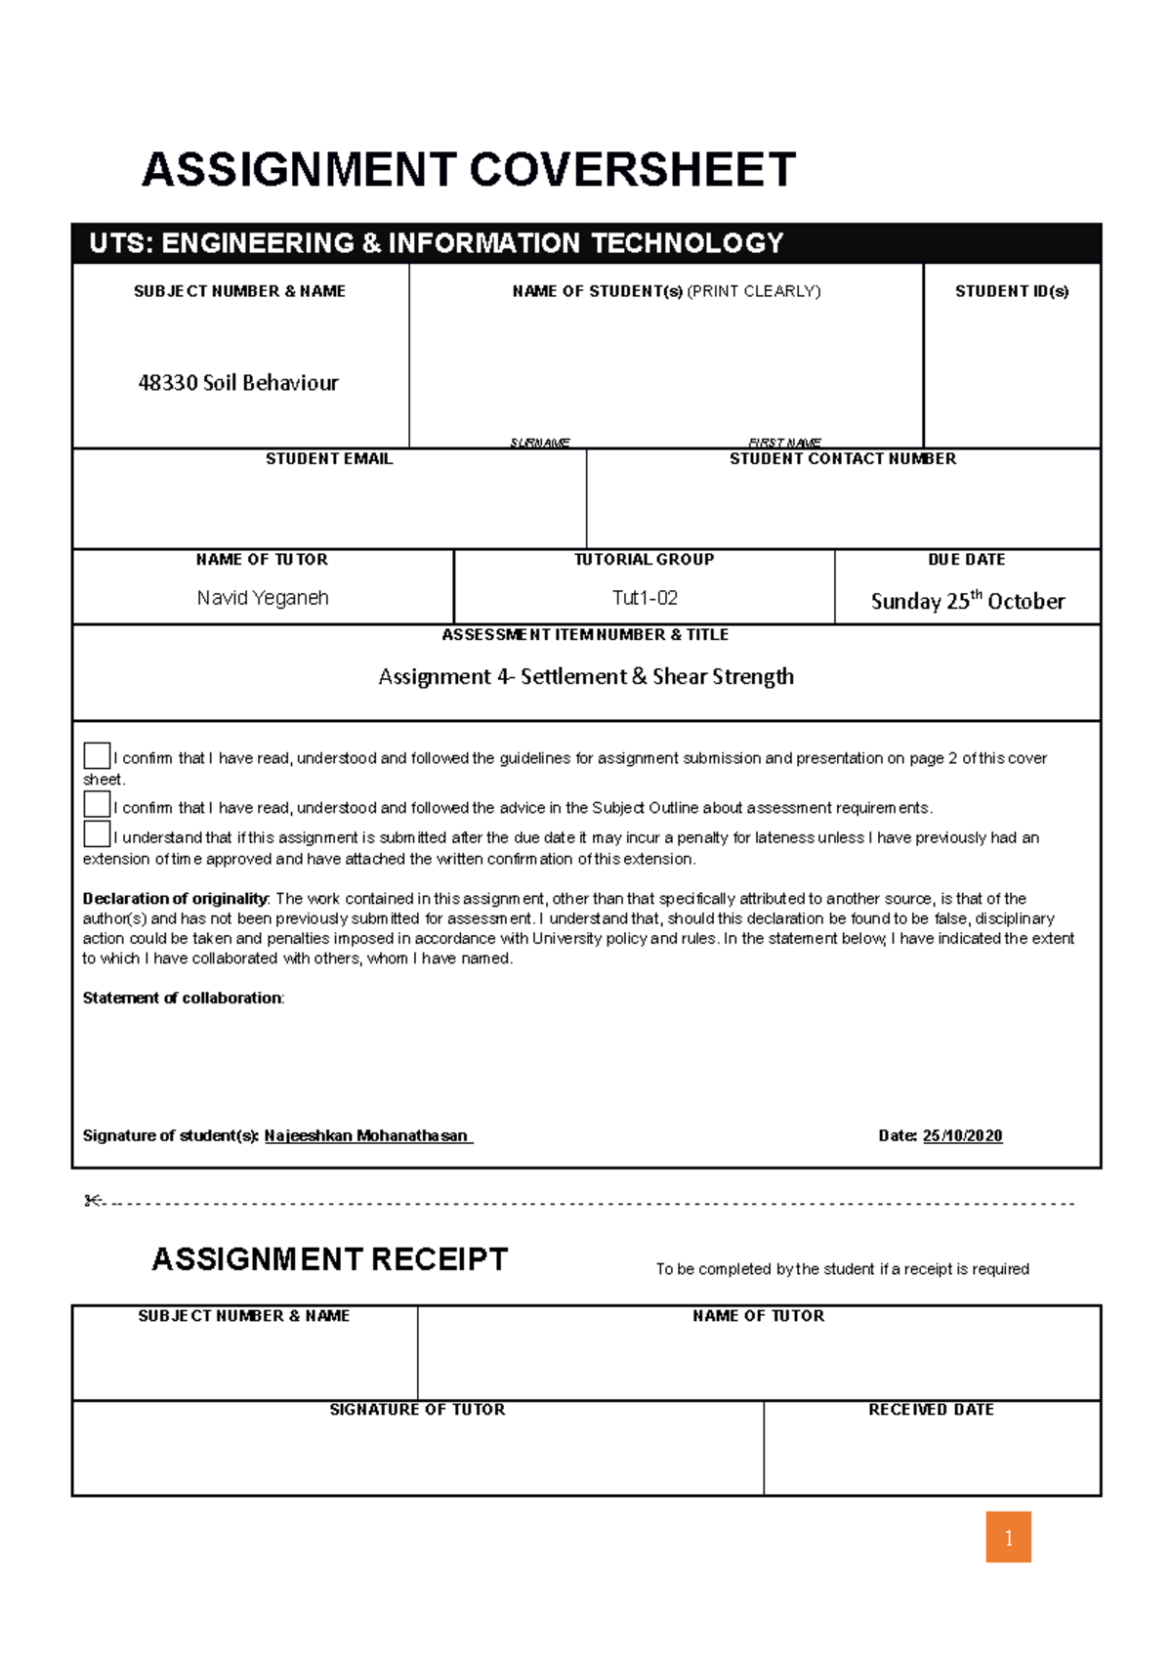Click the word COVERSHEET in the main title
633,170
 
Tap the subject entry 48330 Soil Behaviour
238,383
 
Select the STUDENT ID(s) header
1012,291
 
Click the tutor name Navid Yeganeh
263,598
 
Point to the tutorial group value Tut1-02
645,598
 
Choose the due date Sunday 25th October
967,601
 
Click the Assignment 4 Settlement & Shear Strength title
586,676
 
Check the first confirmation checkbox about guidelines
97,755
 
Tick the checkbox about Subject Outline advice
97,804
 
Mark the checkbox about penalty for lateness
97,834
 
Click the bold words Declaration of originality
175,899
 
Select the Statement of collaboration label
183,999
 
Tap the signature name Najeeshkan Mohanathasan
366,1136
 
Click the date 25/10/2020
962,1136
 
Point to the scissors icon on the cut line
94,1201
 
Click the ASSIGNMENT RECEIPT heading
330,1259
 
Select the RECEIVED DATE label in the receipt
931,1410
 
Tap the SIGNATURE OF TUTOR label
417,1410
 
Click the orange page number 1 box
1008,1538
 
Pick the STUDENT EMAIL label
329,459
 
